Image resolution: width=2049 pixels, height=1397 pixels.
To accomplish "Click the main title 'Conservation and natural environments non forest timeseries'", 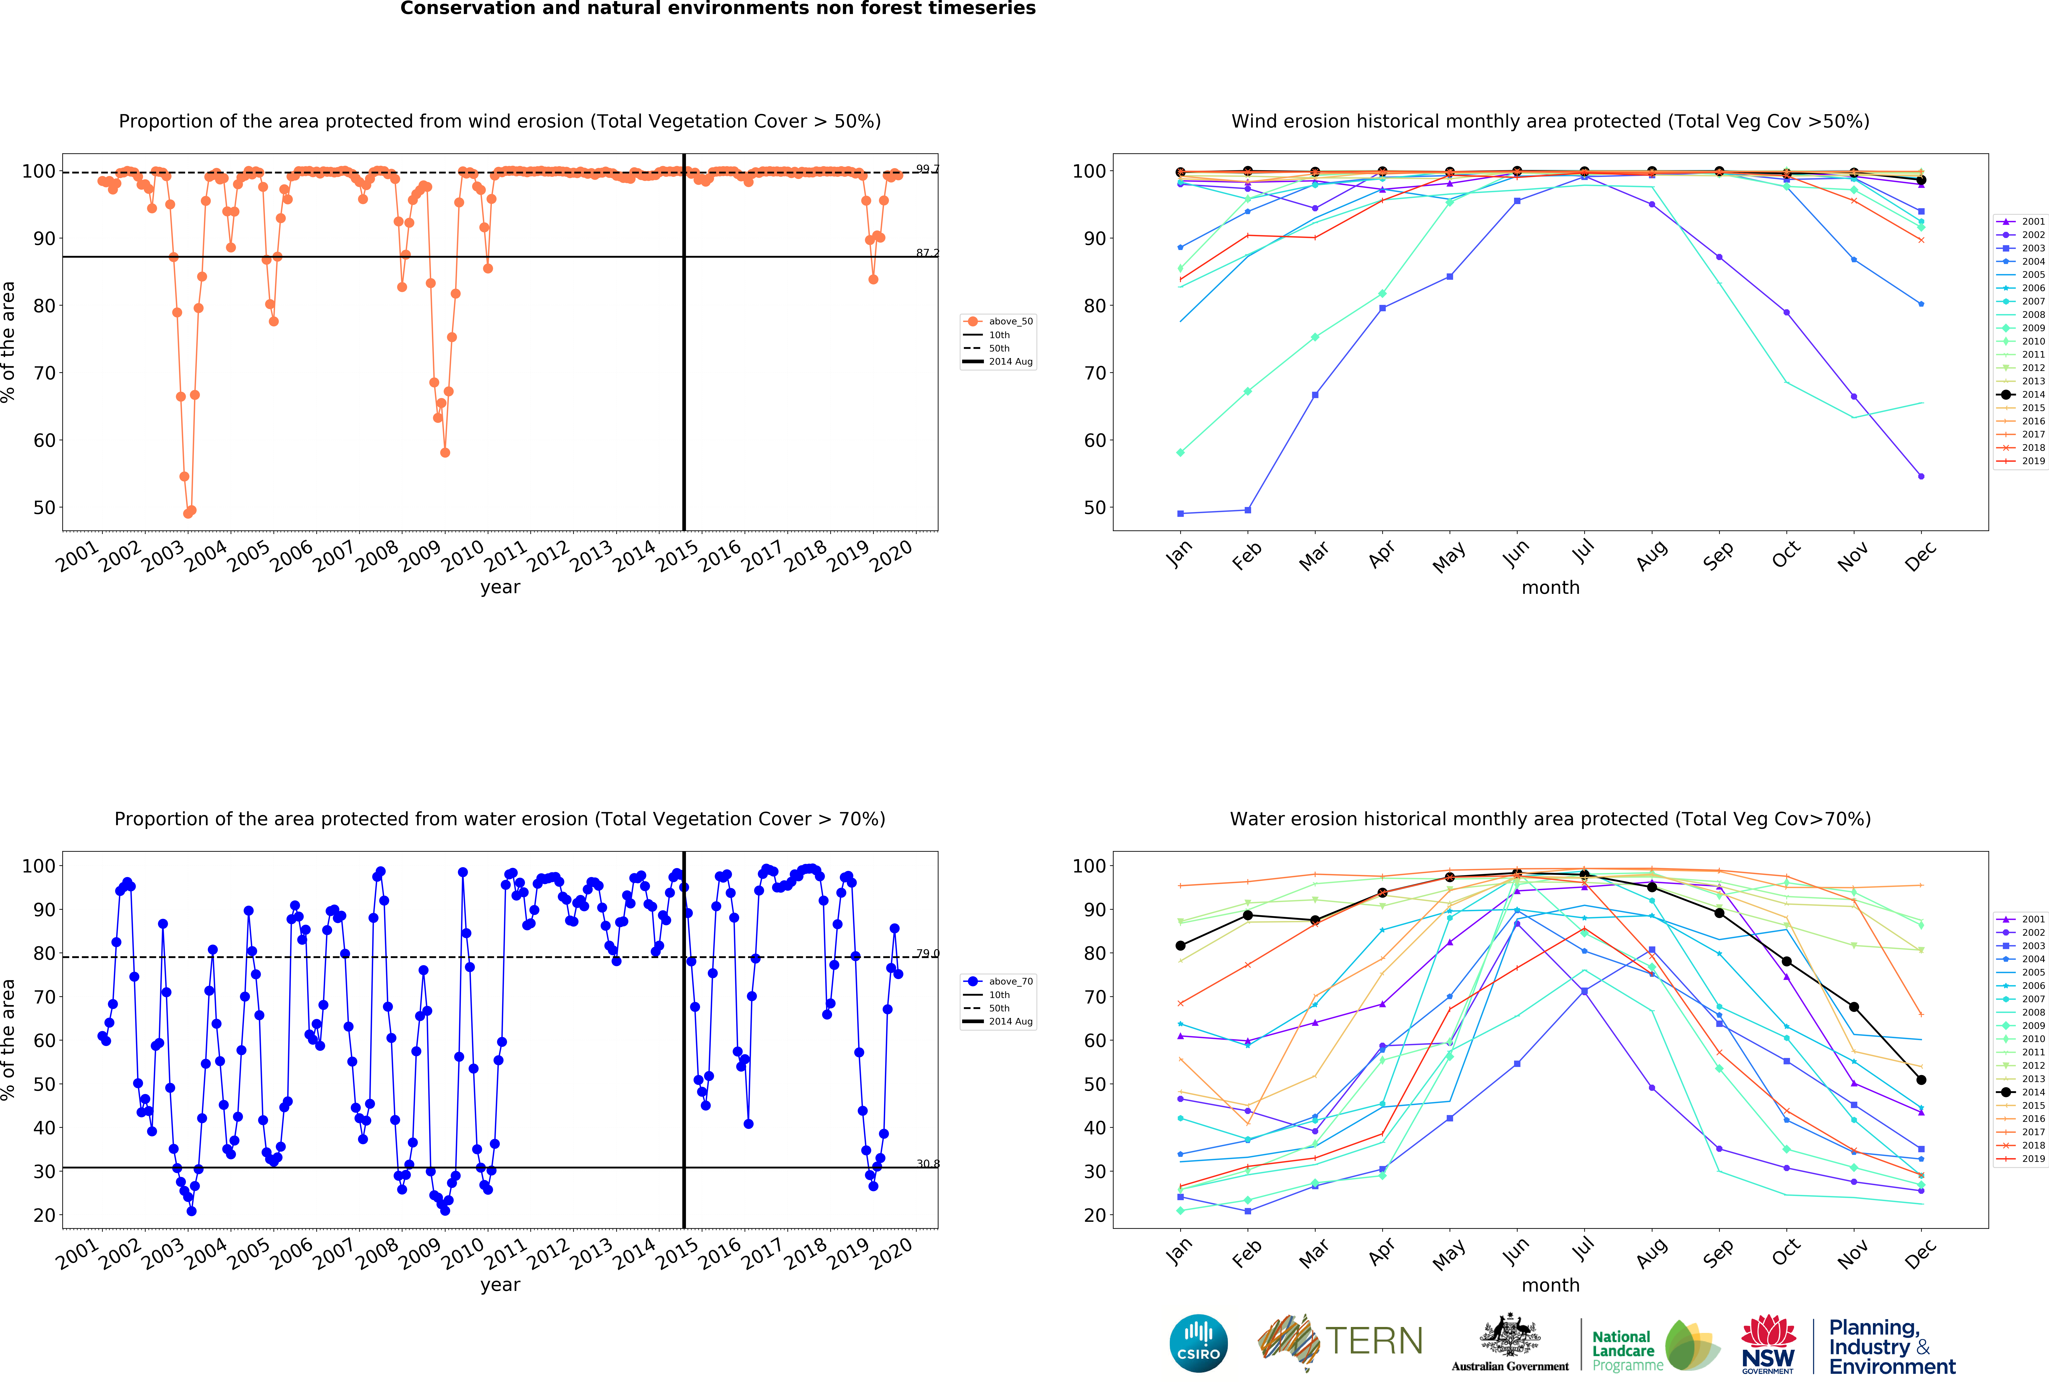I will (718, 9).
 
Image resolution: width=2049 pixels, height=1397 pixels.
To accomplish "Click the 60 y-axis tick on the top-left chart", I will (44, 440).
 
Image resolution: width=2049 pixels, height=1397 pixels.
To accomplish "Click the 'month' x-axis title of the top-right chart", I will (1550, 587).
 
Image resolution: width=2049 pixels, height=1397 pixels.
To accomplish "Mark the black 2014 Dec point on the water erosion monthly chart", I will (1921, 1079).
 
